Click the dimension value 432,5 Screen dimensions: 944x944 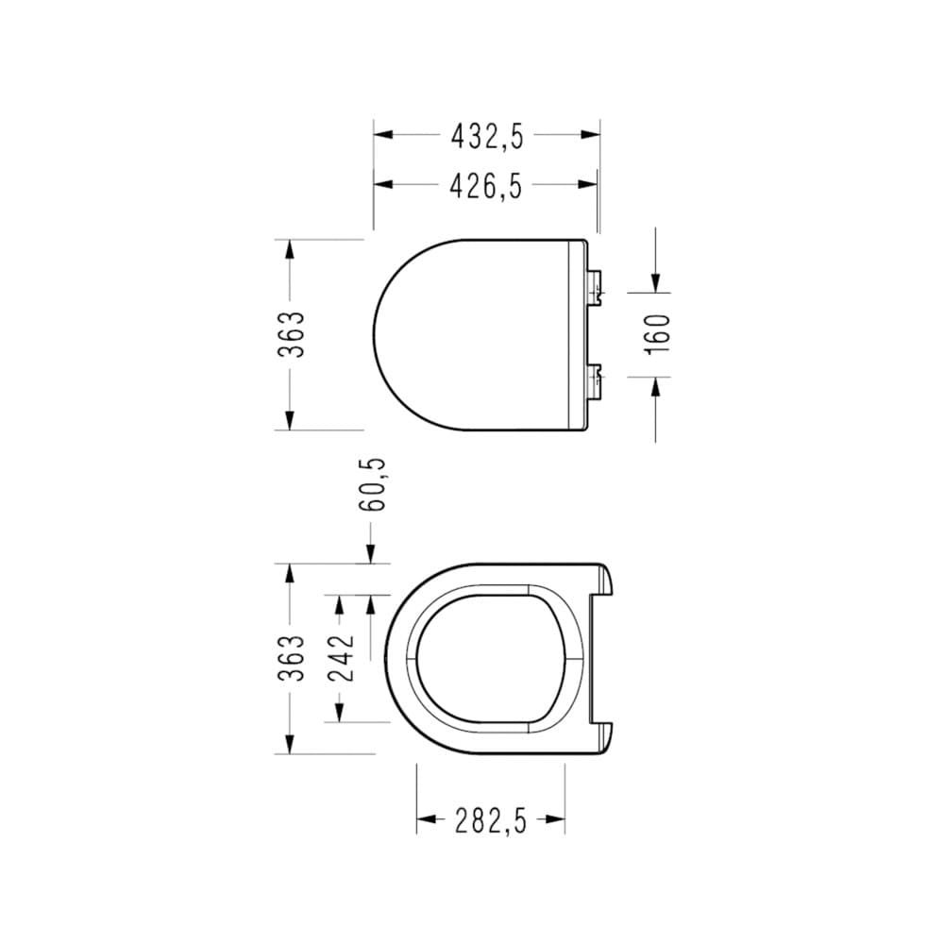tap(486, 136)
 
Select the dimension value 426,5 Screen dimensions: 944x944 tap(486, 187)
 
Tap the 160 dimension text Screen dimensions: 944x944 tap(658, 334)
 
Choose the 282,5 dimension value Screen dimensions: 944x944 tap(490, 820)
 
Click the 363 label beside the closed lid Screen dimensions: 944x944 tap(293, 334)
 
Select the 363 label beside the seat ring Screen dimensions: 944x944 tap(293, 658)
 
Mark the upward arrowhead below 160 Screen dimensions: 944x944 tap(656, 387)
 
